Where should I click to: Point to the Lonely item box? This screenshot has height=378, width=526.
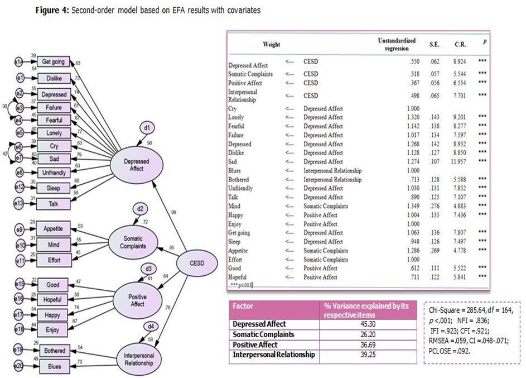(54, 133)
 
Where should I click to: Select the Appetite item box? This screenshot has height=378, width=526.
(55, 228)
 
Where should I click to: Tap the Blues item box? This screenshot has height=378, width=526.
(55, 366)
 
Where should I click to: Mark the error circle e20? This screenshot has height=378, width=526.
(19, 366)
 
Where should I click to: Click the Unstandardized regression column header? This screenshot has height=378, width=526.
(397, 45)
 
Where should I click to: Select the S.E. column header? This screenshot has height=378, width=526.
(435, 44)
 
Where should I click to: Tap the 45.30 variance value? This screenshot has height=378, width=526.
(369, 324)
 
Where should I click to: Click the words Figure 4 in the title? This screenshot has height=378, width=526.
(52, 11)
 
